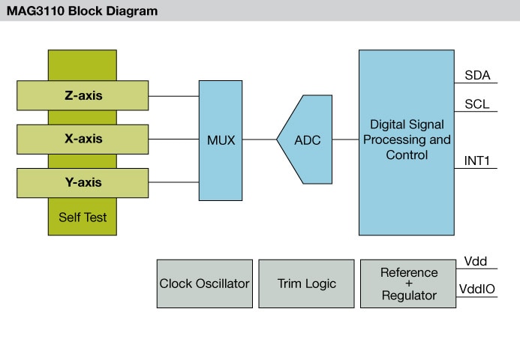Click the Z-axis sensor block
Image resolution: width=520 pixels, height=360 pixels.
click(83, 96)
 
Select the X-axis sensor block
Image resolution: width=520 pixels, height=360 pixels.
click(83, 139)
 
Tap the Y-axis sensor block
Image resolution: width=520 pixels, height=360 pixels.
click(83, 182)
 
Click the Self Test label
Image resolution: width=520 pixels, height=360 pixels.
click(83, 217)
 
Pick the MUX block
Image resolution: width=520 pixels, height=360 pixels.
click(221, 139)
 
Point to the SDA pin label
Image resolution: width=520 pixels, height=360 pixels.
click(477, 75)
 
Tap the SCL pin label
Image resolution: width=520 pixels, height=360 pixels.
click(477, 104)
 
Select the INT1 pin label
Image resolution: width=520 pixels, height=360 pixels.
click(478, 160)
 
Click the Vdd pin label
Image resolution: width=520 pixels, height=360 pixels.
click(476, 261)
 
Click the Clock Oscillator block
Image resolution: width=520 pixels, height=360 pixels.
click(205, 283)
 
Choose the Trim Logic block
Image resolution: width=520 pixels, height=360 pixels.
click(306, 283)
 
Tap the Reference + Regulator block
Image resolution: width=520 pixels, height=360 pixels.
click(408, 283)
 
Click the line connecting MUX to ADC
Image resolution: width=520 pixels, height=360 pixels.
click(260, 139)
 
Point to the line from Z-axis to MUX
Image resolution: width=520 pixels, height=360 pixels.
click(173, 96)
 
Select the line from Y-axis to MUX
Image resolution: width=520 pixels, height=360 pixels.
click(173, 182)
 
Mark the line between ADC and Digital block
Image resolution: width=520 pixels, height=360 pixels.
click(345, 139)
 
